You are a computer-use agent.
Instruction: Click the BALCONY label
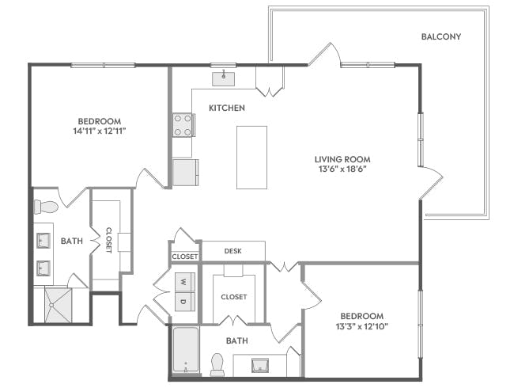(440, 36)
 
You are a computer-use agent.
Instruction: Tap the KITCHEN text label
(226, 108)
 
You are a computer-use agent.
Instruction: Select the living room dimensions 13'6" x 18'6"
(341, 168)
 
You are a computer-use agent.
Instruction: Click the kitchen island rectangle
(251, 157)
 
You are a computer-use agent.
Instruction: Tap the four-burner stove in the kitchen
(183, 125)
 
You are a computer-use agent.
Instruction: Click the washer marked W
(183, 281)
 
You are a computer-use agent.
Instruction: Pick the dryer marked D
(183, 302)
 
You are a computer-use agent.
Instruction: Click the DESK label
(232, 251)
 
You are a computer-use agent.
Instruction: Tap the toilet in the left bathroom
(46, 207)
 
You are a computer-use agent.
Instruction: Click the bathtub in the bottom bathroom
(185, 351)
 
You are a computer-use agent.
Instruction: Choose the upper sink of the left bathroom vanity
(43, 241)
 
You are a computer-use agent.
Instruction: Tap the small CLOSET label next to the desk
(184, 257)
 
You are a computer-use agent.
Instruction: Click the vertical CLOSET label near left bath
(108, 240)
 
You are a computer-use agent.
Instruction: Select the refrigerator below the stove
(185, 172)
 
